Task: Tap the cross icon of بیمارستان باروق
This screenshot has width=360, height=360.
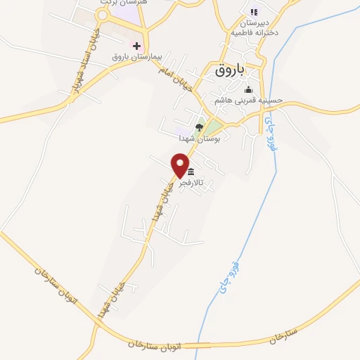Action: click(137, 45)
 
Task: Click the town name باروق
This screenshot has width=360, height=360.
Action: click(229, 70)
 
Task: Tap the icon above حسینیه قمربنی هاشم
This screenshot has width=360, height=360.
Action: click(247, 90)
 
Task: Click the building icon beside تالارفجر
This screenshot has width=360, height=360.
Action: click(191, 172)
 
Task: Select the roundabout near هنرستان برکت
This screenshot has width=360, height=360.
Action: click(103, 15)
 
